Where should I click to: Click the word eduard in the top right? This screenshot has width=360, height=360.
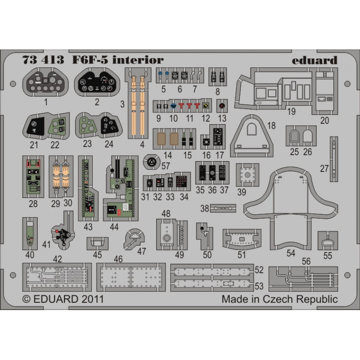(x=314, y=60)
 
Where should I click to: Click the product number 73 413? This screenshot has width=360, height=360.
(x=43, y=60)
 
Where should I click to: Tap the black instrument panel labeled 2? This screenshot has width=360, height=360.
(x=97, y=82)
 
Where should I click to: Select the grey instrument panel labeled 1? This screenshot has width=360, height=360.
(x=45, y=82)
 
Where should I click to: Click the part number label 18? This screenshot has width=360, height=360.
(x=271, y=126)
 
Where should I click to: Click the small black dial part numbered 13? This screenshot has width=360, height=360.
(x=222, y=106)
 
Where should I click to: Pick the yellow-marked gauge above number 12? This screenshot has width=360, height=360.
(x=206, y=106)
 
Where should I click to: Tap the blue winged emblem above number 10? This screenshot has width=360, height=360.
(x=174, y=106)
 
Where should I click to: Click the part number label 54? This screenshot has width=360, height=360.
(x=291, y=253)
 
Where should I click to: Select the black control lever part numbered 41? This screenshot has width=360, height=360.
(x=63, y=236)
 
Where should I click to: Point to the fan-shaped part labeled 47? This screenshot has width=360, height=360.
(x=134, y=239)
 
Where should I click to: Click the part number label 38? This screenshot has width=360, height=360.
(x=205, y=208)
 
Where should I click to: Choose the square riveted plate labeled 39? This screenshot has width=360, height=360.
(x=247, y=175)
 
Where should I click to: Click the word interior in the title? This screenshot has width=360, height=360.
(x=138, y=60)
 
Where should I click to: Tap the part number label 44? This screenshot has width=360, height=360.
(x=114, y=227)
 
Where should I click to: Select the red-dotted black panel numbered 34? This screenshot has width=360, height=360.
(x=183, y=182)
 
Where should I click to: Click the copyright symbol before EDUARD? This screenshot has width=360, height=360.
(x=26, y=299)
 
